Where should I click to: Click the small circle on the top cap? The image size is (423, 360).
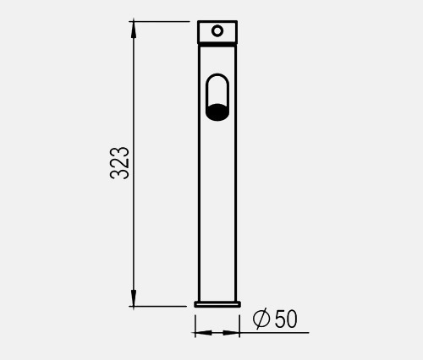[217, 31]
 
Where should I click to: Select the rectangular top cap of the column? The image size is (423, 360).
[206, 31]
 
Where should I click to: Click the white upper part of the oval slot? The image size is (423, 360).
[217, 88]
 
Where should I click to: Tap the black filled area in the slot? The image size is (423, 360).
[217, 111]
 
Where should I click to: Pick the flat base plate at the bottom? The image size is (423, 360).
[217, 303]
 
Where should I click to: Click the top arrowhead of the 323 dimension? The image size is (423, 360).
[134, 28]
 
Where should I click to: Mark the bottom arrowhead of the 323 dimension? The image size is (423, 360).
[134, 299]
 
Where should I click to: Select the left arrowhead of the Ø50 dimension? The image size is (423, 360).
[201, 332]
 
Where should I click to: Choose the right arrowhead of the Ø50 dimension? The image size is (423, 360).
[234, 332]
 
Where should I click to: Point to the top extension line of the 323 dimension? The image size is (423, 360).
[161, 21]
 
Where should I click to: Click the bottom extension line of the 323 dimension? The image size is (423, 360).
[161, 306]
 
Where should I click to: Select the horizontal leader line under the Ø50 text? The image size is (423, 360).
[275, 332]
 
